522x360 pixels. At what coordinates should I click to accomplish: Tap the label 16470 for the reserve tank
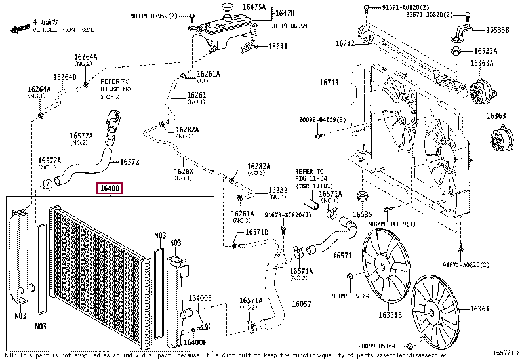pos(284,13)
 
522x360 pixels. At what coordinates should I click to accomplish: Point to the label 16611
pos(278,46)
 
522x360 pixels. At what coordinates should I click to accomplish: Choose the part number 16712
pos(345,43)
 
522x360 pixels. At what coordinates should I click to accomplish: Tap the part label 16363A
pos(481,64)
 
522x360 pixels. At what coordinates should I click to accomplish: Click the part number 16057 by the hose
pos(301,304)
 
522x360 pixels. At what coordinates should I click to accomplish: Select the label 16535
pos(362,214)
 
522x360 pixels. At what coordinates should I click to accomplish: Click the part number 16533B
pos(496,30)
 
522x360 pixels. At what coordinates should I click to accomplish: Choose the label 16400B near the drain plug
pos(200,298)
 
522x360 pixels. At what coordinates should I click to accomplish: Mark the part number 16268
pos(184,172)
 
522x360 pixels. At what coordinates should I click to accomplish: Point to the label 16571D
pos(257,232)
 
